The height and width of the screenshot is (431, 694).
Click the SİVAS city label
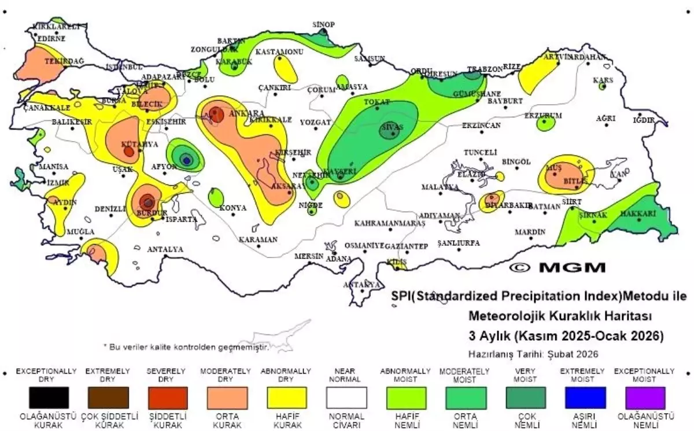tap(391, 127)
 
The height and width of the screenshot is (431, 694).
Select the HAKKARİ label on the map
tap(638, 214)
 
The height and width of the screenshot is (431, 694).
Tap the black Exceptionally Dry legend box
tap(49, 398)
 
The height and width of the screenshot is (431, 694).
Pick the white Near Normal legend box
tap(346, 398)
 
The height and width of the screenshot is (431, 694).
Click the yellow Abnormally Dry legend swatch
tap(286, 398)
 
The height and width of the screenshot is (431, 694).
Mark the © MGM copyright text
tap(558, 267)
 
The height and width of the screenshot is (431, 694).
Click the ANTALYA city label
tap(165, 250)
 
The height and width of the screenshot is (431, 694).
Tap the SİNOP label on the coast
tap(323, 24)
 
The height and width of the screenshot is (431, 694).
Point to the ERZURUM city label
tap(542, 116)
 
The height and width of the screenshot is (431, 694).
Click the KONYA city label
tap(234, 208)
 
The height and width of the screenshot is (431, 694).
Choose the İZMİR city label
tap(58, 183)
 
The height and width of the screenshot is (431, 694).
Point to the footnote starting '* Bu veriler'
tap(186, 346)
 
